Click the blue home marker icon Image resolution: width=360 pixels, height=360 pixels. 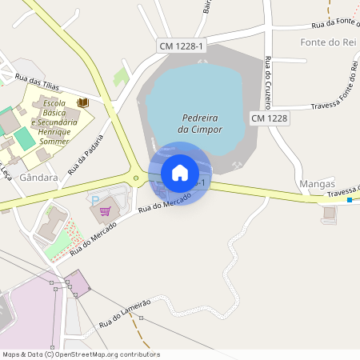pyautogui.click(x=180, y=173)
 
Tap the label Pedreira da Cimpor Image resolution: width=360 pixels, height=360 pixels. pyautogui.click(x=200, y=123)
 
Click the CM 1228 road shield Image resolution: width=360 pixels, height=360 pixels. pyautogui.click(x=269, y=118)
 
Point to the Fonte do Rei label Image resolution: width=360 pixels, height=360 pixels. pyautogui.click(x=326, y=42)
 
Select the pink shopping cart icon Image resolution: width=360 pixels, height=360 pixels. pyautogui.click(x=105, y=211)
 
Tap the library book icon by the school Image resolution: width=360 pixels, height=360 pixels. pyautogui.click(x=82, y=103)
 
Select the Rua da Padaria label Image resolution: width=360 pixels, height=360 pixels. pyautogui.click(x=86, y=156)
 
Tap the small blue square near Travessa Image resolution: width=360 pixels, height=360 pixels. pyautogui.click(x=350, y=201)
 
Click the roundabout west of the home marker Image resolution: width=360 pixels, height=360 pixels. pyautogui.click(x=136, y=178)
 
